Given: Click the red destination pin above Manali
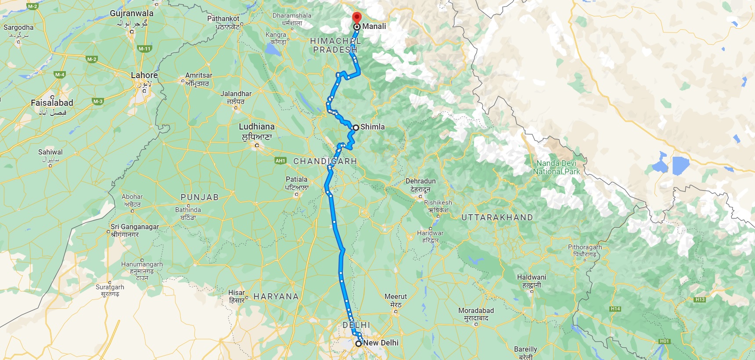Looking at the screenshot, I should point(357,18).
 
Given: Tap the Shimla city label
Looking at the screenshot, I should point(372,127).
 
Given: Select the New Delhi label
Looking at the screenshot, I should point(381,343).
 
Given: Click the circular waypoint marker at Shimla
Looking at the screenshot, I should point(356,127).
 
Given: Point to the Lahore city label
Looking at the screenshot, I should point(144,76).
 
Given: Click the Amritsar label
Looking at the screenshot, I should point(198,76).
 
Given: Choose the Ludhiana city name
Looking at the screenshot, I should point(256,127).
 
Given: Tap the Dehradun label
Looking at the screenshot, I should point(421,181).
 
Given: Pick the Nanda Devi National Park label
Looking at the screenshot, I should point(556,167).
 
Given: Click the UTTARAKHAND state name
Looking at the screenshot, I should point(497,217).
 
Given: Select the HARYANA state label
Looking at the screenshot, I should point(276,297).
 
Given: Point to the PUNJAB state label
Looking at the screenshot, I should point(200,198).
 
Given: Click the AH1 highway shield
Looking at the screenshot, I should point(280,161).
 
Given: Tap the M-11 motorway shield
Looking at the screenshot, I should point(144,49).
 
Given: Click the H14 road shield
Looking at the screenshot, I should point(615,309).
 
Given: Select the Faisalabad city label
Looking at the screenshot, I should point(52,103).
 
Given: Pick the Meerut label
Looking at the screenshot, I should point(395,297).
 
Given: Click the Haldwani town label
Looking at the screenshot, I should point(532,277).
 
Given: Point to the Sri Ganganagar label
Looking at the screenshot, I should point(135,227).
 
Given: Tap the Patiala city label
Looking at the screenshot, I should point(297,180).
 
